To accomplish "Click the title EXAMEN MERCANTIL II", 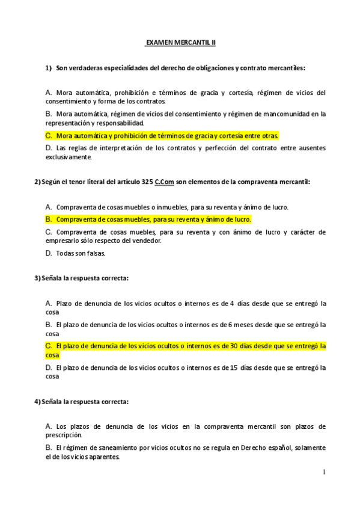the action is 180,44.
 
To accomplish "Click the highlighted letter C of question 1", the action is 48,136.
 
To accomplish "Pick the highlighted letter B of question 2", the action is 48,220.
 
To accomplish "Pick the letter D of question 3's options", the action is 48,367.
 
